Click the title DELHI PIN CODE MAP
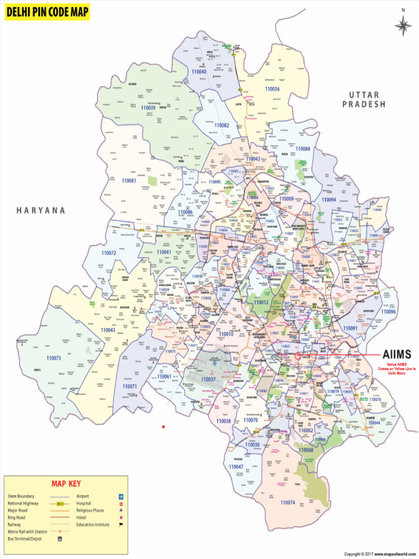[47, 12]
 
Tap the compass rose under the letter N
[403, 26]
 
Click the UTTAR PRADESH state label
[364, 99]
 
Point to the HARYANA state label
[41, 210]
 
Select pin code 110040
[199, 72]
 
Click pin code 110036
[272, 89]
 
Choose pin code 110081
[129, 180]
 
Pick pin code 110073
[53, 358]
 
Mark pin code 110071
[129, 386]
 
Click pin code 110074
[288, 502]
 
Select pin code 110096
[388, 311]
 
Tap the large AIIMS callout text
[397, 354]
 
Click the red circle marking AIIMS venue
[298, 355]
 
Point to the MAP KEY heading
[66, 484]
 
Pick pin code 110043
[108, 330]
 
